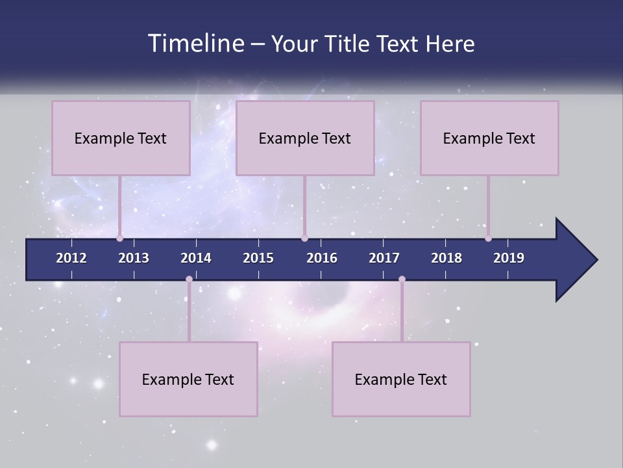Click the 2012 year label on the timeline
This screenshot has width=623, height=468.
(71, 258)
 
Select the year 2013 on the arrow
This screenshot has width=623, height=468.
(134, 258)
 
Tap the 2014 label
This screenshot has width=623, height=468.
(196, 258)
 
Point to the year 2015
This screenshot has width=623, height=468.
(258, 258)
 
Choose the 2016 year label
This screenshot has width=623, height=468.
(322, 258)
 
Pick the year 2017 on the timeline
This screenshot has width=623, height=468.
(384, 258)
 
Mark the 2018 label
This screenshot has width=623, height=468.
(446, 258)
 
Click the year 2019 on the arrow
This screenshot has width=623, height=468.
(509, 258)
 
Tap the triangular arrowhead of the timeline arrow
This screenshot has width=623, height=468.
(575, 260)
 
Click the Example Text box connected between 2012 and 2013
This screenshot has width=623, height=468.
(121, 138)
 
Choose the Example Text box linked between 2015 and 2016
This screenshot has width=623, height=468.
(305, 138)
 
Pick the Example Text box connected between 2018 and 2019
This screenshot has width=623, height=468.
(489, 138)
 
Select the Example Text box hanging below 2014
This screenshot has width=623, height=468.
(188, 379)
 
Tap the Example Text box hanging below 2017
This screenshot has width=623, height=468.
(401, 379)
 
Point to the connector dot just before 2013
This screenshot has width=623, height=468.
(120, 238)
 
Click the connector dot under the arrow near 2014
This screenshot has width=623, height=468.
(189, 279)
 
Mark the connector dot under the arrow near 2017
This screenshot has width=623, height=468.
(402, 279)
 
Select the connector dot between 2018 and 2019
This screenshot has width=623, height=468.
(488, 238)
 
